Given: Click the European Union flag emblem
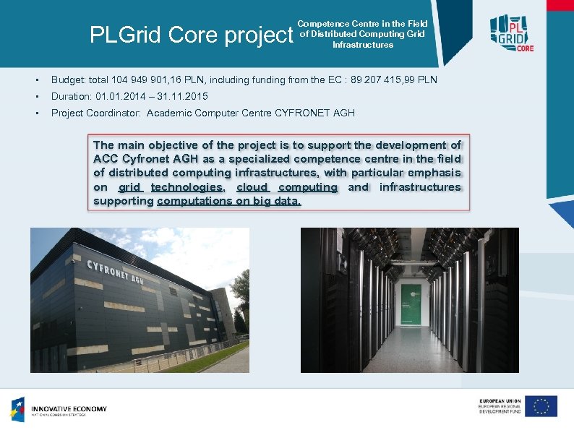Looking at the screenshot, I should coord(541,406).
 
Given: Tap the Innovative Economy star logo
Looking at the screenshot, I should coord(17,409).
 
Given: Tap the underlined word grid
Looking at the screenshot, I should coord(129,187).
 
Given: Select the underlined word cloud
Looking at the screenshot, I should coord(252,187).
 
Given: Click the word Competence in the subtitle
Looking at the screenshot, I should coord(323,24).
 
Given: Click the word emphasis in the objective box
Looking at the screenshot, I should coord(434,173).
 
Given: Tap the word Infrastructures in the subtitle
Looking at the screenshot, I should coord(363,45).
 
